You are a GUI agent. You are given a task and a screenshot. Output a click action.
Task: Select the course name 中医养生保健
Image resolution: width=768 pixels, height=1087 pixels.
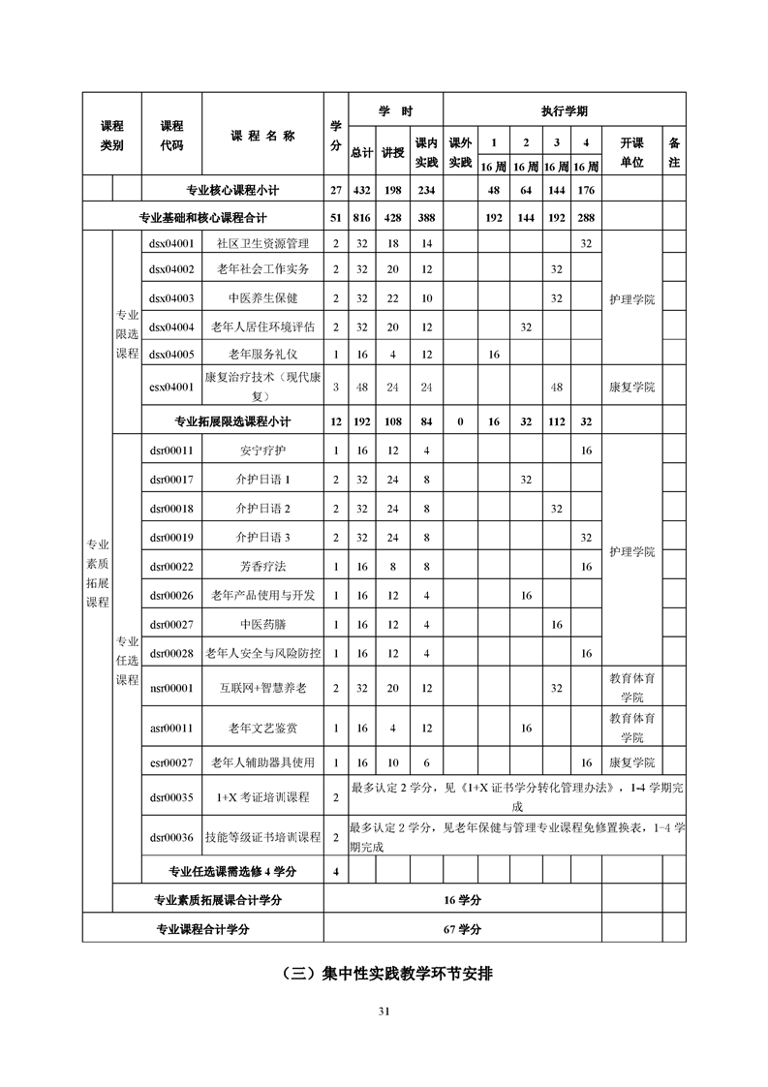(262, 298)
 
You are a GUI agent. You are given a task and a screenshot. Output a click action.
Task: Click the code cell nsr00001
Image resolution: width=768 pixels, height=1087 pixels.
(171, 688)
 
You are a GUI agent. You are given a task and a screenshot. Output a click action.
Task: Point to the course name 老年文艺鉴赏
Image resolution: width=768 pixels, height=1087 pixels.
(262, 728)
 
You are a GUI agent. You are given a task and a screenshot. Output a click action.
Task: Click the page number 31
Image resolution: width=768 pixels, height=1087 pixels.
(384, 1011)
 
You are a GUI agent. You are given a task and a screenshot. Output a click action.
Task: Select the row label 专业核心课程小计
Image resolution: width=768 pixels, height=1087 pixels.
(232, 190)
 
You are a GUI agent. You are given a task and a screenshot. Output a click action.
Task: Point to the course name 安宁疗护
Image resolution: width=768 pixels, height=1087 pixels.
(262, 450)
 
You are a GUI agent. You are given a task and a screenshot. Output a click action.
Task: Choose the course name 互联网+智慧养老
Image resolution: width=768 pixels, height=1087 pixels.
(262, 688)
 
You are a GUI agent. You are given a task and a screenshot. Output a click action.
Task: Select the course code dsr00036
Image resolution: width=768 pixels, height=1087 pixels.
(171, 837)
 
